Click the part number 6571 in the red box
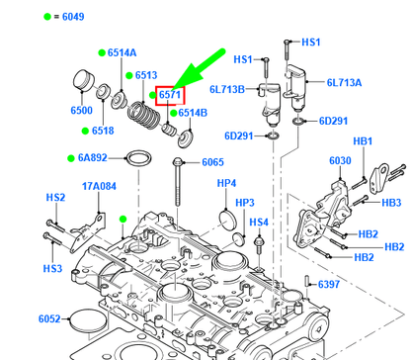tap(170, 95)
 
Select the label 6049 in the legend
tap(73, 17)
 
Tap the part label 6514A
tap(122, 52)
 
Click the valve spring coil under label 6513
tap(143, 116)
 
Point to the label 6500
tap(81, 110)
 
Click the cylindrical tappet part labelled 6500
tap(83, 80)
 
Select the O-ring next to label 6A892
tap(139, 159)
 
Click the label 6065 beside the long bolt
tap(212, 162)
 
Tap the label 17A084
tap(99, 186)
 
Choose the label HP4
tap(226, 183)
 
